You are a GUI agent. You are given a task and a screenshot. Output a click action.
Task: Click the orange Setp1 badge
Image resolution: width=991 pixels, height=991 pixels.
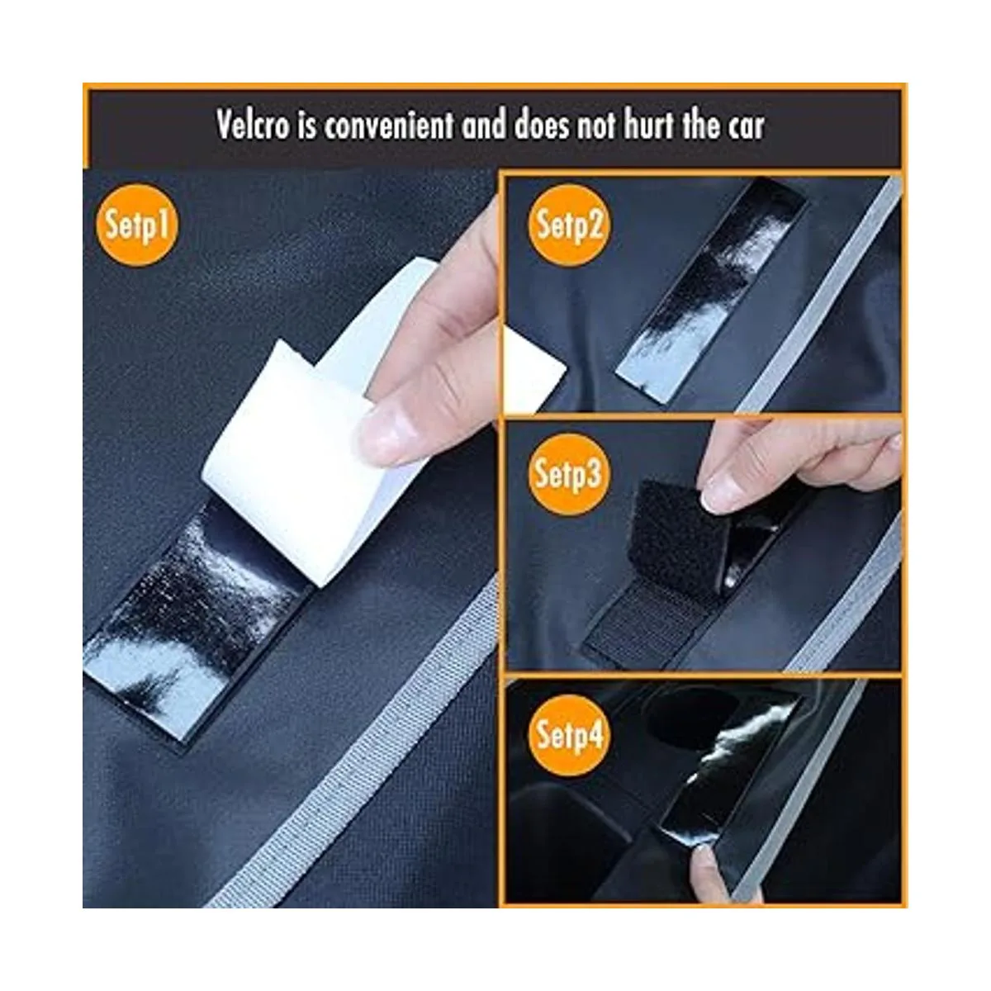pos(137,225)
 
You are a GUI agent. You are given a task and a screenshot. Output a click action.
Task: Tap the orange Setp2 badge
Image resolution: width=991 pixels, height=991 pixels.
pos(568,225)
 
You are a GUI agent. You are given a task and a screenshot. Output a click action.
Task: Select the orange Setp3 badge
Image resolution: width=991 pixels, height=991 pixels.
pos(568,474)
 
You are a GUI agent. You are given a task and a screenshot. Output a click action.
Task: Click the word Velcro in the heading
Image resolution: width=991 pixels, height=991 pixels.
pos(253,125)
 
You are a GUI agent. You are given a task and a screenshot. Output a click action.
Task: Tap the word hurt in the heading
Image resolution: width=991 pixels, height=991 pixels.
pos(648,125)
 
